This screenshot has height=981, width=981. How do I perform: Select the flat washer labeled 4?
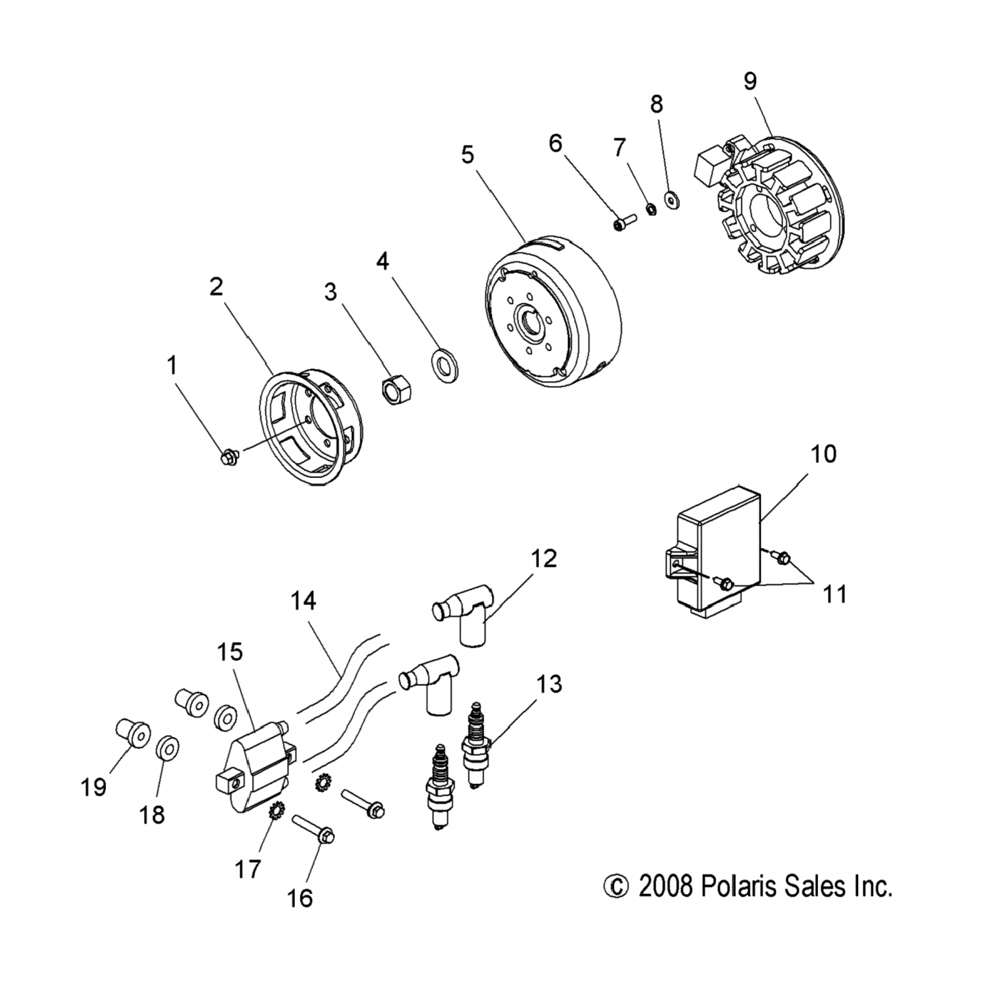point(444,365)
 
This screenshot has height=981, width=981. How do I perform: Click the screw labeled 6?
point(625,223)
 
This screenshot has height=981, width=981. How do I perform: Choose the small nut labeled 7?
point(651,209)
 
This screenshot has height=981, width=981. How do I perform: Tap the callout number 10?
point(823,453)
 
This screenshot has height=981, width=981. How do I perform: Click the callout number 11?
point(835,594)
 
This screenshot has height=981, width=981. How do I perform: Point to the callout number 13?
point(550,684)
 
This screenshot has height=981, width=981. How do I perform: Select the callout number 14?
point(303,600)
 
